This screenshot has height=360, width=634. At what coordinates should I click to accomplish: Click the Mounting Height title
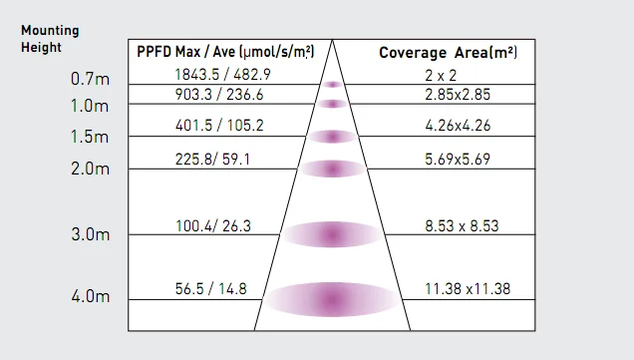50,39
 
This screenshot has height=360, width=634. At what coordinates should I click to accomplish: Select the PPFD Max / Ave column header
225,52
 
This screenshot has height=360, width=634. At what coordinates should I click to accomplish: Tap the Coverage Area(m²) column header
448,53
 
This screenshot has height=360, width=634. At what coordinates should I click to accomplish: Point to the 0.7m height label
90,79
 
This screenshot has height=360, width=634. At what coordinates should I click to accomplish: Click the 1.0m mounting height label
90,106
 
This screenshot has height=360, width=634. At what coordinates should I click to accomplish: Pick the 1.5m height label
90,137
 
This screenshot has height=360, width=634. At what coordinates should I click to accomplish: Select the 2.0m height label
90,169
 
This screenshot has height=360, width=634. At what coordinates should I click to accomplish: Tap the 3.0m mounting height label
90,234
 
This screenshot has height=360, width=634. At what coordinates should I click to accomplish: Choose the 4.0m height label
91,296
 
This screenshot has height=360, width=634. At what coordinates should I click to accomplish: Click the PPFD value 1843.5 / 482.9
222,75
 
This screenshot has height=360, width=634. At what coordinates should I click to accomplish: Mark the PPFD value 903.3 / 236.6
219,95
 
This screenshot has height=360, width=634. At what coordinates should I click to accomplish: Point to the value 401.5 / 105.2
219,126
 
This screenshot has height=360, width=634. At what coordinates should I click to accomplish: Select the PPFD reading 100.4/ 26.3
213,225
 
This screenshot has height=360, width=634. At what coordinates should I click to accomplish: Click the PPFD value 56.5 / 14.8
210,289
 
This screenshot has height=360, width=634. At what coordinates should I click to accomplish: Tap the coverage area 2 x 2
441,75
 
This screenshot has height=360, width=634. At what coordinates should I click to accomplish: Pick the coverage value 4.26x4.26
458,126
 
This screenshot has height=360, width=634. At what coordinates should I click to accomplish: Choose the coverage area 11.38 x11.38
468,289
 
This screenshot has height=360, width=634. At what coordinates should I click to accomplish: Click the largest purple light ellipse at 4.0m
332,300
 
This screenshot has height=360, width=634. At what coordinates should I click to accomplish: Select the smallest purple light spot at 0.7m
332,85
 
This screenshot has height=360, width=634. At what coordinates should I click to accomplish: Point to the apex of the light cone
332,40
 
